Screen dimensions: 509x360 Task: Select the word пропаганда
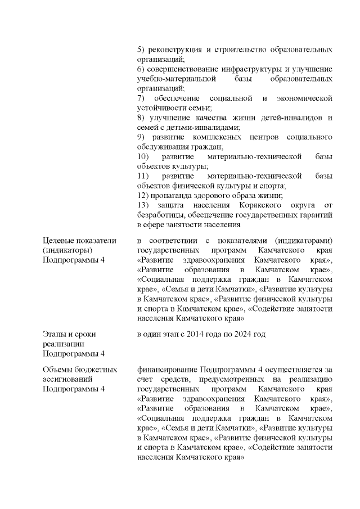(171, 196)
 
